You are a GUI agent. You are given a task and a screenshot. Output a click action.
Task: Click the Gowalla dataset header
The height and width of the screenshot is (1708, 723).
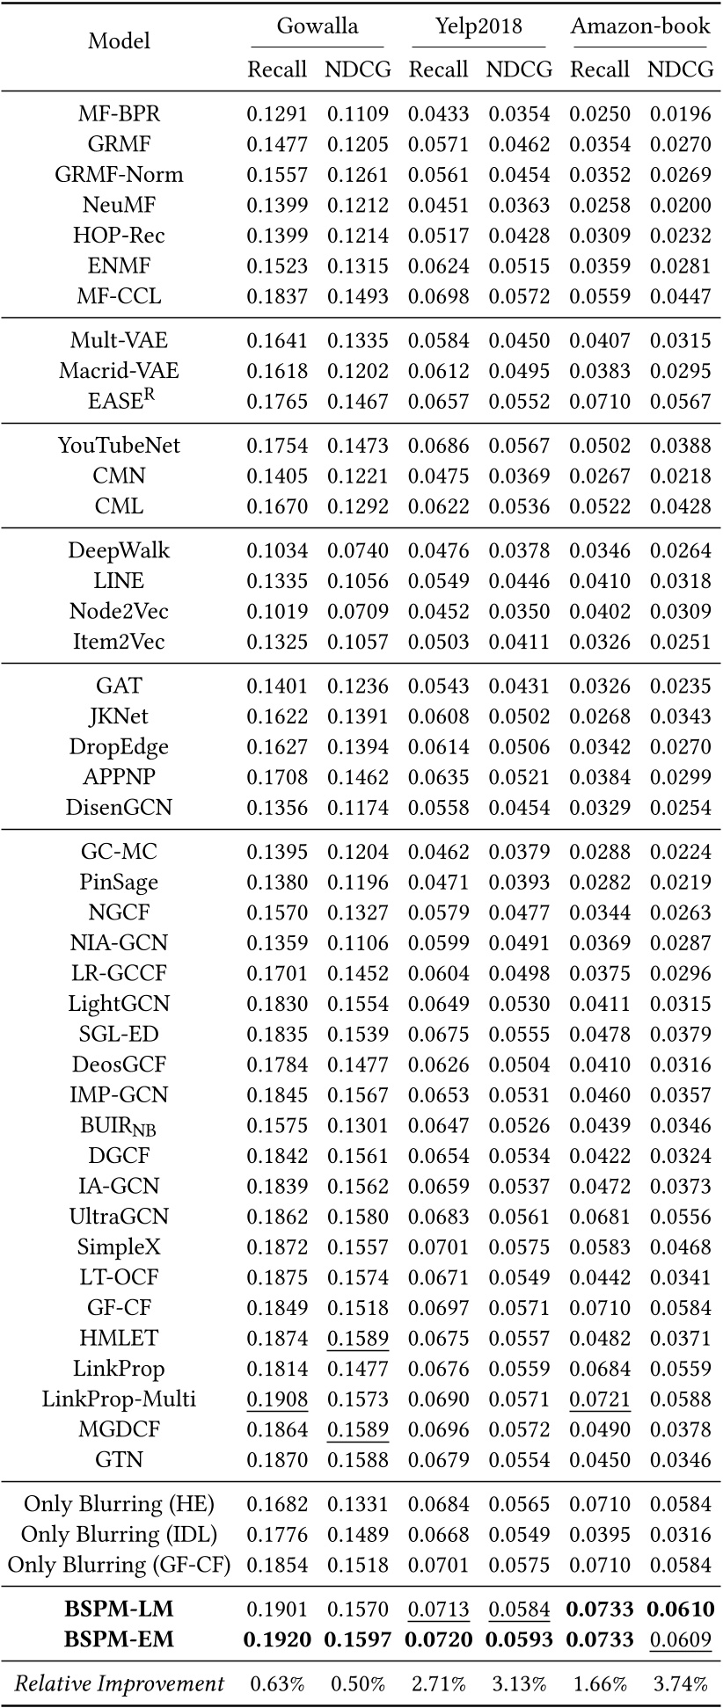[318, 26]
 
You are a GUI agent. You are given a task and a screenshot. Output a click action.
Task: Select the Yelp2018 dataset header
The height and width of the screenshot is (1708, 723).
[478, 26]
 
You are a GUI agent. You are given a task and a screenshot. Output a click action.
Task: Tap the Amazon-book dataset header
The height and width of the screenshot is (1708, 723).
[639, 26]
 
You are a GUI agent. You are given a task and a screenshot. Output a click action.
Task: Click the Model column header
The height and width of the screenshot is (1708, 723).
[119, 41]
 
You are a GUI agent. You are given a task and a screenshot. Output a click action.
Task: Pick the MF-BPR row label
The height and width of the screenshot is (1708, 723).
[119, 113]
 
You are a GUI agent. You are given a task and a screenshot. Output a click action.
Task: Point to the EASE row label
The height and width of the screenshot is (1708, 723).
[119, 401]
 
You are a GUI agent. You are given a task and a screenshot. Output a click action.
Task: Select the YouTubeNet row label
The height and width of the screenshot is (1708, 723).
[119, 446]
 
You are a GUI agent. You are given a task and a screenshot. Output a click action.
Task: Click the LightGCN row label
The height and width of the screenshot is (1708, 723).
[119, 1004]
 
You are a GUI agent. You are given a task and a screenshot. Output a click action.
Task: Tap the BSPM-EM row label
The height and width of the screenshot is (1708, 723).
[119, 1639]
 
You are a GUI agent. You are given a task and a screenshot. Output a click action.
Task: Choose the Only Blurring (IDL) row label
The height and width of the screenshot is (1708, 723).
[119, 1534]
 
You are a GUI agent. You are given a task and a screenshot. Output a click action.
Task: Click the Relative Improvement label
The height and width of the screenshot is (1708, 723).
[119, 1684]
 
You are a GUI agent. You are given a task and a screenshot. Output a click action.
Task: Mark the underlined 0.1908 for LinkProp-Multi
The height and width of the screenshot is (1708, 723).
[277, 1399]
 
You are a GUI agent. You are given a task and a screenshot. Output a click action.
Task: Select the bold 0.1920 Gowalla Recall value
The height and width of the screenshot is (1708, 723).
[277, 1639]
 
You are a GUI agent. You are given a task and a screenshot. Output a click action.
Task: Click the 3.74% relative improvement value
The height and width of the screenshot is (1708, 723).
[680, 1684]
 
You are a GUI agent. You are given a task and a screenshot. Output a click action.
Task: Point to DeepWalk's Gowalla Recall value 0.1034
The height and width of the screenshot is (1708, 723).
[277, 551]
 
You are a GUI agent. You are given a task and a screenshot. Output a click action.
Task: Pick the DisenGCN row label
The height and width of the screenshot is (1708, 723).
[119, 808]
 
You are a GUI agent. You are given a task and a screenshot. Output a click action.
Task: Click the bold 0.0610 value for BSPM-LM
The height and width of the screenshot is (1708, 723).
[680, 1610]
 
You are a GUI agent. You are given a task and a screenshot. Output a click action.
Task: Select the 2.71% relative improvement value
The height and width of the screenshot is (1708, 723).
[438, 1684]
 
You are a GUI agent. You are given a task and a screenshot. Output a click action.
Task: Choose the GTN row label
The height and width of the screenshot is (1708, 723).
[119, 1460]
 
